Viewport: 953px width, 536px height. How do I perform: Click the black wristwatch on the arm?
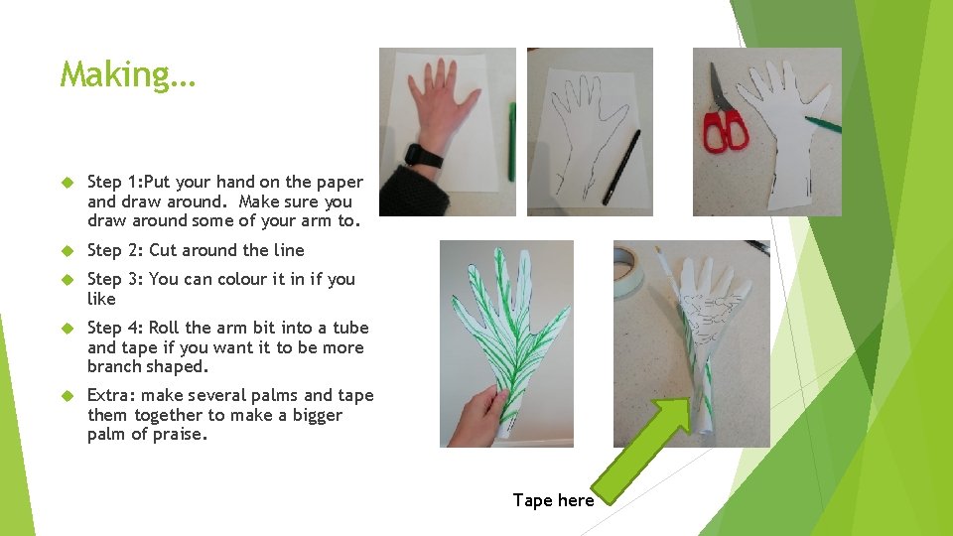pyautogui.click(x=423, y=156)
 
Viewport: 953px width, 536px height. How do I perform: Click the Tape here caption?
pyautogui.click(x=553, y=500)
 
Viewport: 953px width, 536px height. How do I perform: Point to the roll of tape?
pyautogui.click(x=627, y=271)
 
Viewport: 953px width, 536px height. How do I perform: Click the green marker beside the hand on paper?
pyautogui.click(x=512, y=142)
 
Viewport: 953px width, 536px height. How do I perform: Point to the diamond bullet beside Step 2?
pyautogui.click(x=68, y=250)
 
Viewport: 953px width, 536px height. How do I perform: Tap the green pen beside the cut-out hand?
pyautogui.click(x=824, y=124)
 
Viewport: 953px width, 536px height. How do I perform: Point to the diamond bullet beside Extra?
pyautogui.click(x=68, y=396)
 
